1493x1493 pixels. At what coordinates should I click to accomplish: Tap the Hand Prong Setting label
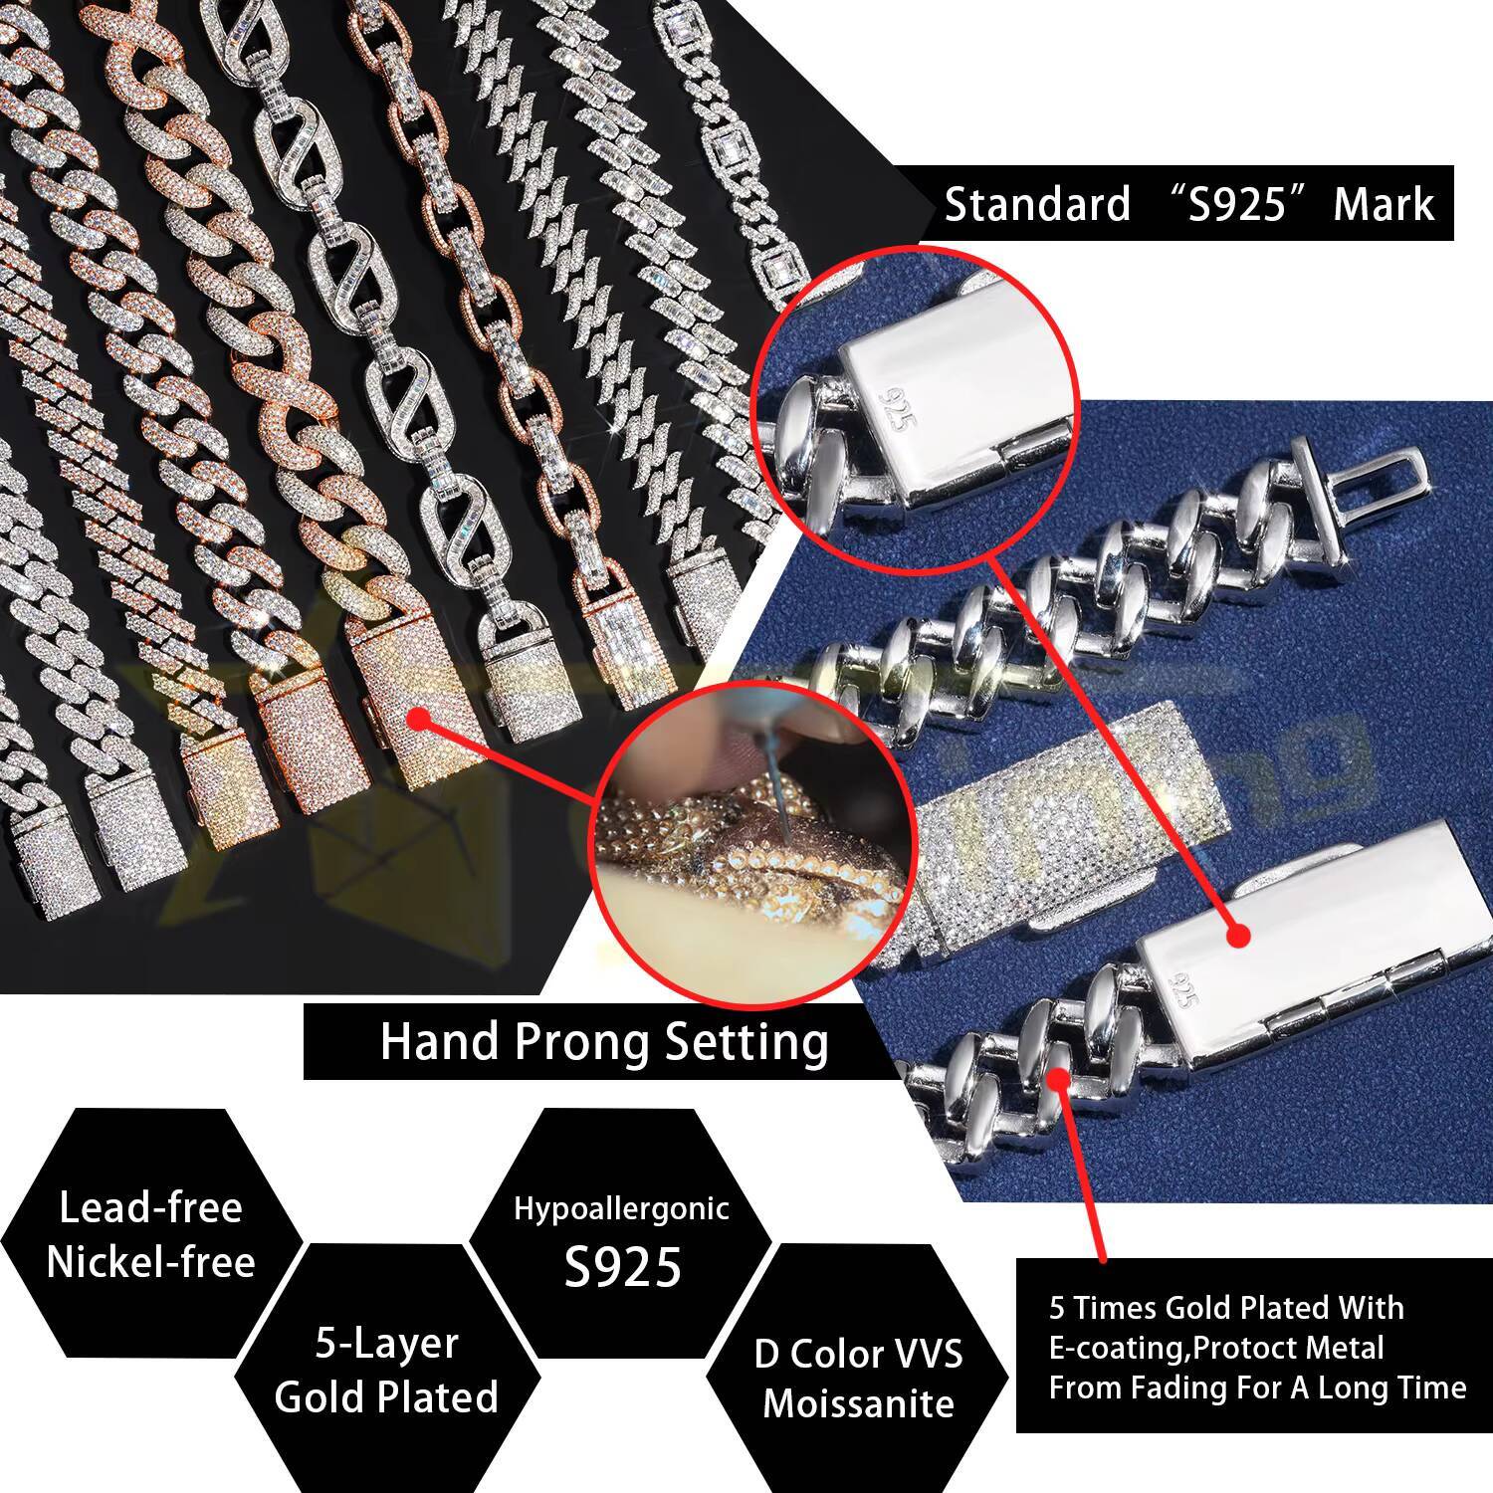(604, 1042)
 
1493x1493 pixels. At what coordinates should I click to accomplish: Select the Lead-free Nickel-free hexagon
(150, 1234)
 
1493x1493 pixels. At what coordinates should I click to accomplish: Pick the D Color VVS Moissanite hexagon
(858, 1378)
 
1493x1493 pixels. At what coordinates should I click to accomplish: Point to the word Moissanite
(858, 1403)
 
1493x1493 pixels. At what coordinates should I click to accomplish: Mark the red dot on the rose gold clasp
(418, 718)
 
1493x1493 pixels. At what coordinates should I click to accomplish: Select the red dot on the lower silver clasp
(1238, 936)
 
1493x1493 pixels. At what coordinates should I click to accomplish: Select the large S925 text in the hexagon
(622, 1266)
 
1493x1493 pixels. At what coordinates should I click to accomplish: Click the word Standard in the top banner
(1037, 204)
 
